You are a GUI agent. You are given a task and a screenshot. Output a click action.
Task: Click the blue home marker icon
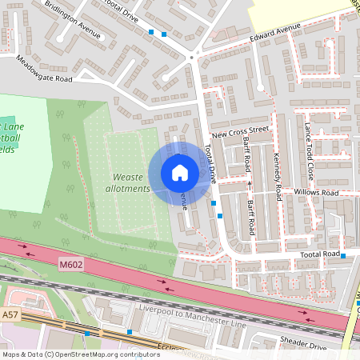pyautogui.click(x=179, y=172)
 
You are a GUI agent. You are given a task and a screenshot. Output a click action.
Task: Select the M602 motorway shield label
pyautogui.click(x=71, y=262)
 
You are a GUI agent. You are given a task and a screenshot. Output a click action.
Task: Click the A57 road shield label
pyautogui.click(x=10, y=316)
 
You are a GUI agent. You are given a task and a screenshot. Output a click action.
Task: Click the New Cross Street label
pyautogui.click(x=240, y=130)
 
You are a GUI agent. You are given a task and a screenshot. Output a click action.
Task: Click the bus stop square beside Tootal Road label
pyautogui.click(x=342, y=256)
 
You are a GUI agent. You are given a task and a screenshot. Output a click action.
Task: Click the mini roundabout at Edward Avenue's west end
pyautogui.click(x=192, y=55)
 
